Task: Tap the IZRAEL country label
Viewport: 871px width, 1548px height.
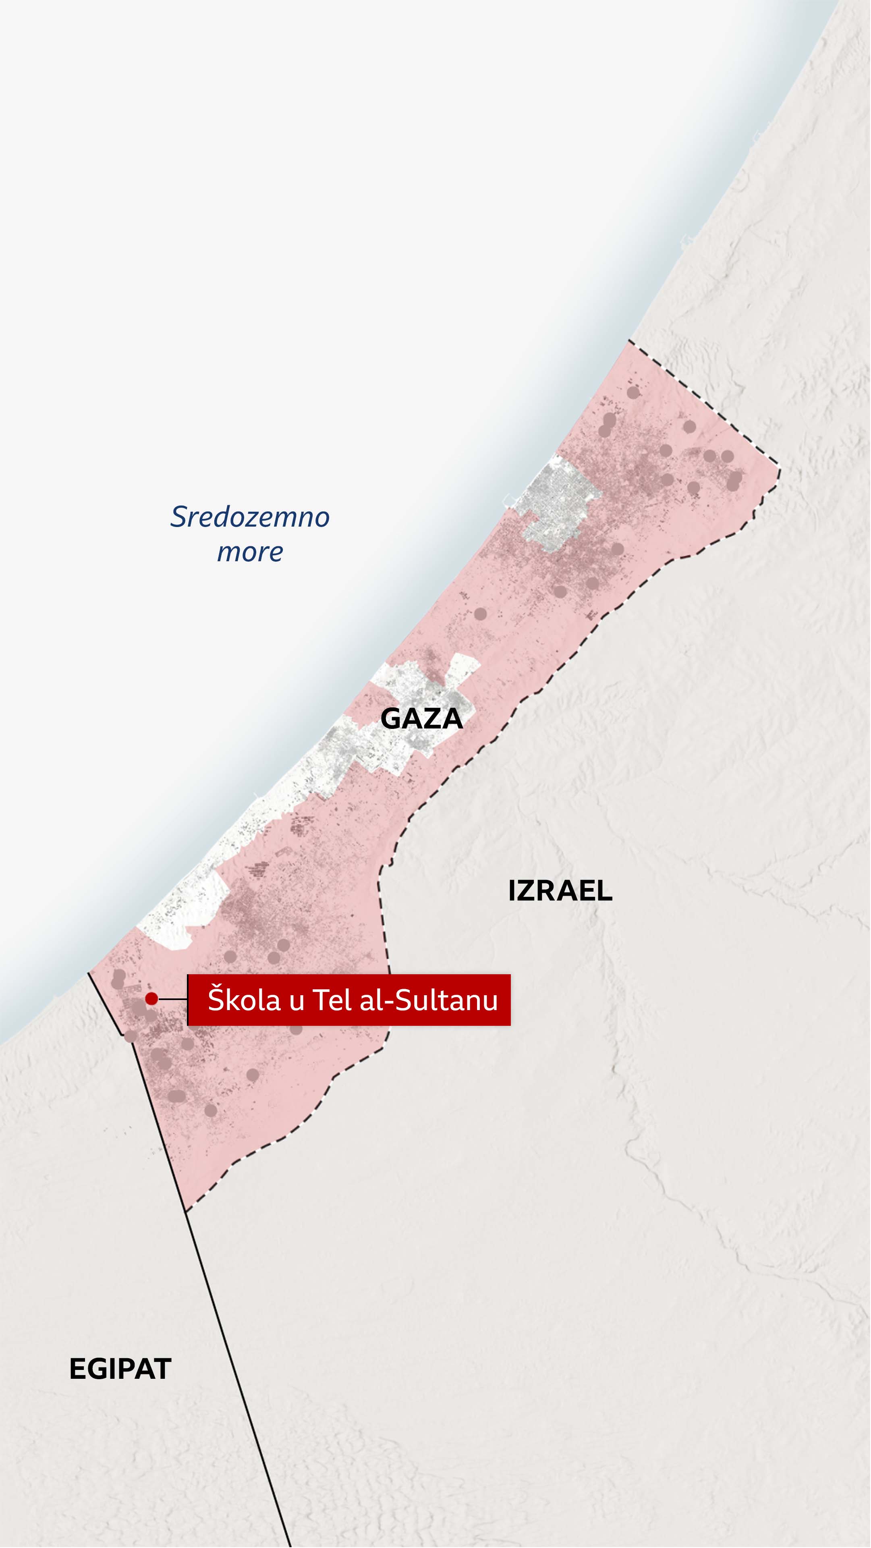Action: (x=560, y=890)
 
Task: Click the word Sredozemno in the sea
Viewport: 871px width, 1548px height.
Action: (x=250, y=517)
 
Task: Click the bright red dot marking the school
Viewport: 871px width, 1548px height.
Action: (x=151, y=999)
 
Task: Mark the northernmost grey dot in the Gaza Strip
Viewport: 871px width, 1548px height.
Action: (x=633, y=392)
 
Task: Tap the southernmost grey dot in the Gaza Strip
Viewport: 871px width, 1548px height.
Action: (x=210, y=1110)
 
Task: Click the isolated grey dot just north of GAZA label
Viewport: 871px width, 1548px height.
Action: (x=481, y=614)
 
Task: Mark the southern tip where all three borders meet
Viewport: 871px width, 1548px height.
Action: (x=186, y=1212)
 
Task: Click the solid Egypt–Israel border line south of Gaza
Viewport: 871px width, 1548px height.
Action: (x=240, y=1382)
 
